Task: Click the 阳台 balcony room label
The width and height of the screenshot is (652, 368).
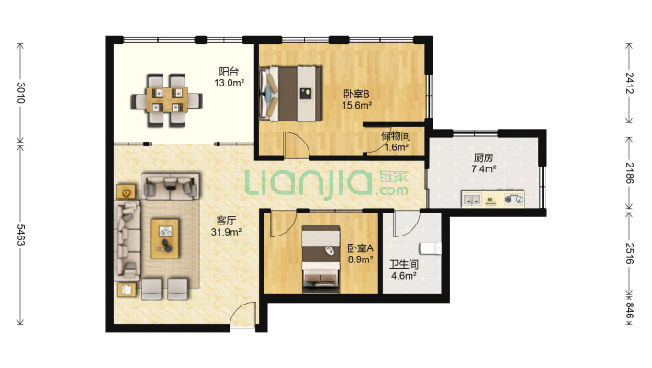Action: coord(229,72)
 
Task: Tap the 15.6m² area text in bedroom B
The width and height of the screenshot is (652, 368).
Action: coord(357,106)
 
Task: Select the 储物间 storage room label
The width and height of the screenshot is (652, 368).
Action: coord(396,136)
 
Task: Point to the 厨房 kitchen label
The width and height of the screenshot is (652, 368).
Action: coord(483,157)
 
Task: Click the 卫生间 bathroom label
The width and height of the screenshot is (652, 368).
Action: coord(404,265)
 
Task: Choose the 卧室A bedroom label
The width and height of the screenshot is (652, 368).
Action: coord(361,248)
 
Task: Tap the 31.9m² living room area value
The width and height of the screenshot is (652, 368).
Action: coord(226,232)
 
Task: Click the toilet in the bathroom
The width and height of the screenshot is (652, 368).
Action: coord(431,248)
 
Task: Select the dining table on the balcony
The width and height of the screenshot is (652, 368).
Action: coord(167,100)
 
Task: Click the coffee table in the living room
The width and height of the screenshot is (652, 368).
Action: coord(165,238)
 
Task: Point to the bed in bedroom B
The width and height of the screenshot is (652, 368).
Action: coord(291,93)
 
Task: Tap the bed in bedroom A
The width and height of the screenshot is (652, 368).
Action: coord(320,259)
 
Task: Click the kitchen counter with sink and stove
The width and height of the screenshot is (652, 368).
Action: coord(493,199)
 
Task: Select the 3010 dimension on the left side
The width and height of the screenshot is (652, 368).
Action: coord(21,93)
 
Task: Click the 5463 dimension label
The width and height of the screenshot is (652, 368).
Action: coord(21,235)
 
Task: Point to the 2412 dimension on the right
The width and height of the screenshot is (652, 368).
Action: coord(630,83)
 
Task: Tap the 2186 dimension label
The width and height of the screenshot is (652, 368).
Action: coord(630,173)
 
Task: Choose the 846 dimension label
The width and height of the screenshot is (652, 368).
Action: coord(630,310)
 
